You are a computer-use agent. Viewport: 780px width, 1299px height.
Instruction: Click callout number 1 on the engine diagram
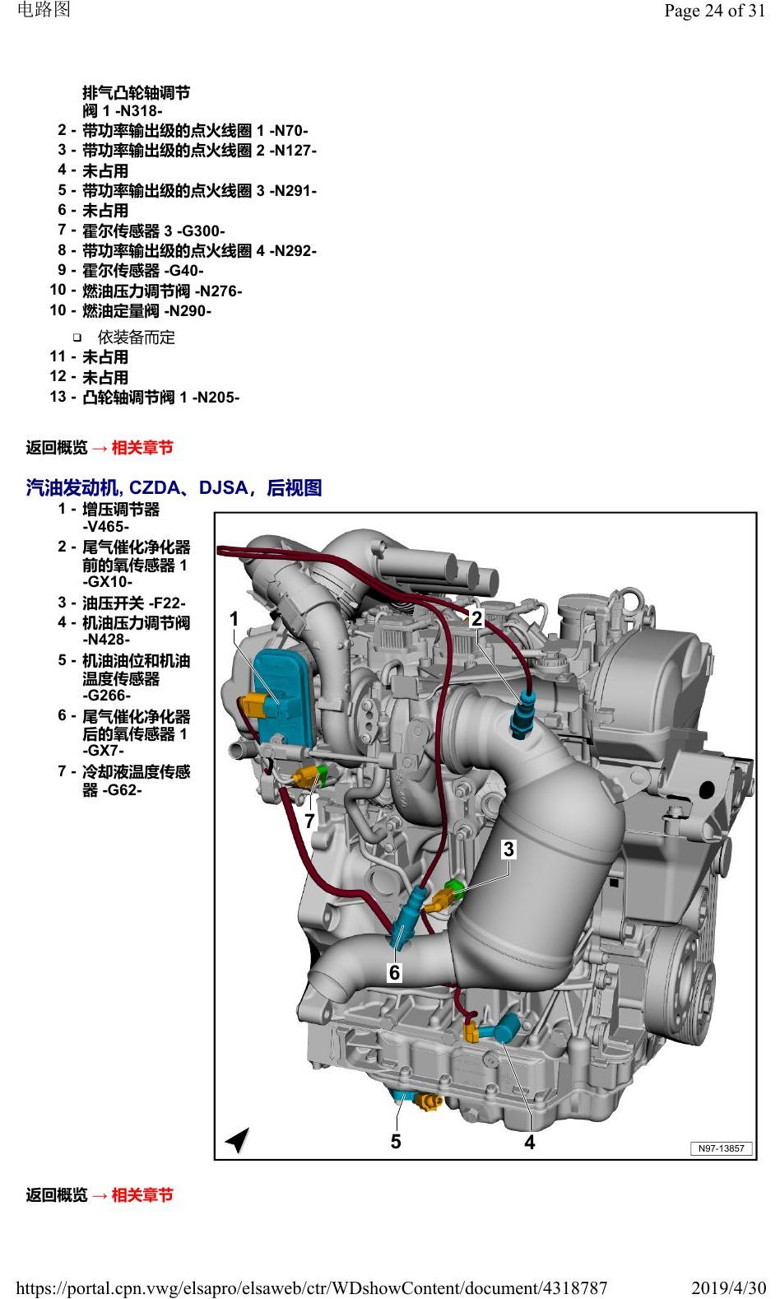234,619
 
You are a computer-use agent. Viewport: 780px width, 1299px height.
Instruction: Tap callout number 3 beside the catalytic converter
508,849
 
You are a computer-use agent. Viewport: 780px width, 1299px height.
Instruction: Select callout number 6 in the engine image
395,972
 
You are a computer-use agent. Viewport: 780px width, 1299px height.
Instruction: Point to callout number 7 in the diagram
309,822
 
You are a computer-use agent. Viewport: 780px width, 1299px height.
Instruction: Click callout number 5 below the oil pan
396,1141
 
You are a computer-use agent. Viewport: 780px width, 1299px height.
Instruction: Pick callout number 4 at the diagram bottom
530,1142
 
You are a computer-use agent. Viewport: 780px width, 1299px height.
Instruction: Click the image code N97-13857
721,1148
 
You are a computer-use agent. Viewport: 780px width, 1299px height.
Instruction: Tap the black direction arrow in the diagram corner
237,1139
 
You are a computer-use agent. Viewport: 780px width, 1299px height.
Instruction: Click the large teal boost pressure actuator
283,696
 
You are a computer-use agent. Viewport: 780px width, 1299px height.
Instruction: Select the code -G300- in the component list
201,230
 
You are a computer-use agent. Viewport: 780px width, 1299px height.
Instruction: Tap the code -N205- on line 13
216,398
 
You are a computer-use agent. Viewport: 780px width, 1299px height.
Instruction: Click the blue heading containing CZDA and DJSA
174,487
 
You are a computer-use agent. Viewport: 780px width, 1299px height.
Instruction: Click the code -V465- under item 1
105,527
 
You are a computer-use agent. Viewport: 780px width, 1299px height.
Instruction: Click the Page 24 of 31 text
714,11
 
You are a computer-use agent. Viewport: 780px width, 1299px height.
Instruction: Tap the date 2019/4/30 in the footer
729,1288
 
